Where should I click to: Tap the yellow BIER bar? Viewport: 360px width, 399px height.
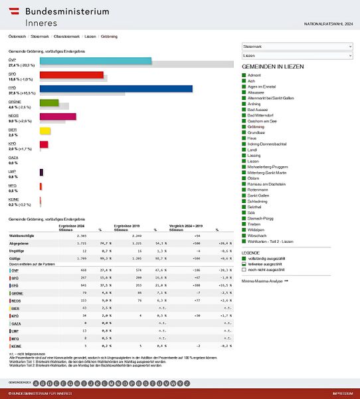coord(45,130)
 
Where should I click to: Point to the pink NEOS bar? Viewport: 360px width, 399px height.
coord(58,116)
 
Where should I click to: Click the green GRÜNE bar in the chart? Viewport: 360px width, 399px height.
coord(49,102)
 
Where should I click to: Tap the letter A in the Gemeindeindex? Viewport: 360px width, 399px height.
coord(35,383)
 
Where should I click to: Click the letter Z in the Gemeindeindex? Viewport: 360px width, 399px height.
coord(188,383)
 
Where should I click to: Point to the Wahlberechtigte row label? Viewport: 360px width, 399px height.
coord(22,236)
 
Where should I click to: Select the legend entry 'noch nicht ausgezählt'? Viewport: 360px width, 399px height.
coord(268,271)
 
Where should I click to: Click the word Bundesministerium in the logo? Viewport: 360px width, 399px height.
coord(67,11)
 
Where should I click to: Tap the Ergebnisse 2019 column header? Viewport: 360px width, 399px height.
coord(128,227)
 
